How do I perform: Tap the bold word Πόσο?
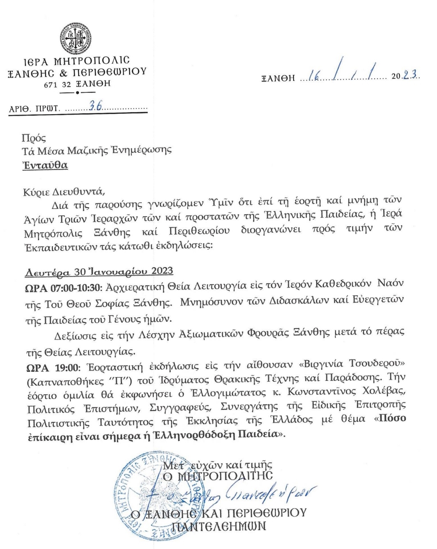392,419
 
